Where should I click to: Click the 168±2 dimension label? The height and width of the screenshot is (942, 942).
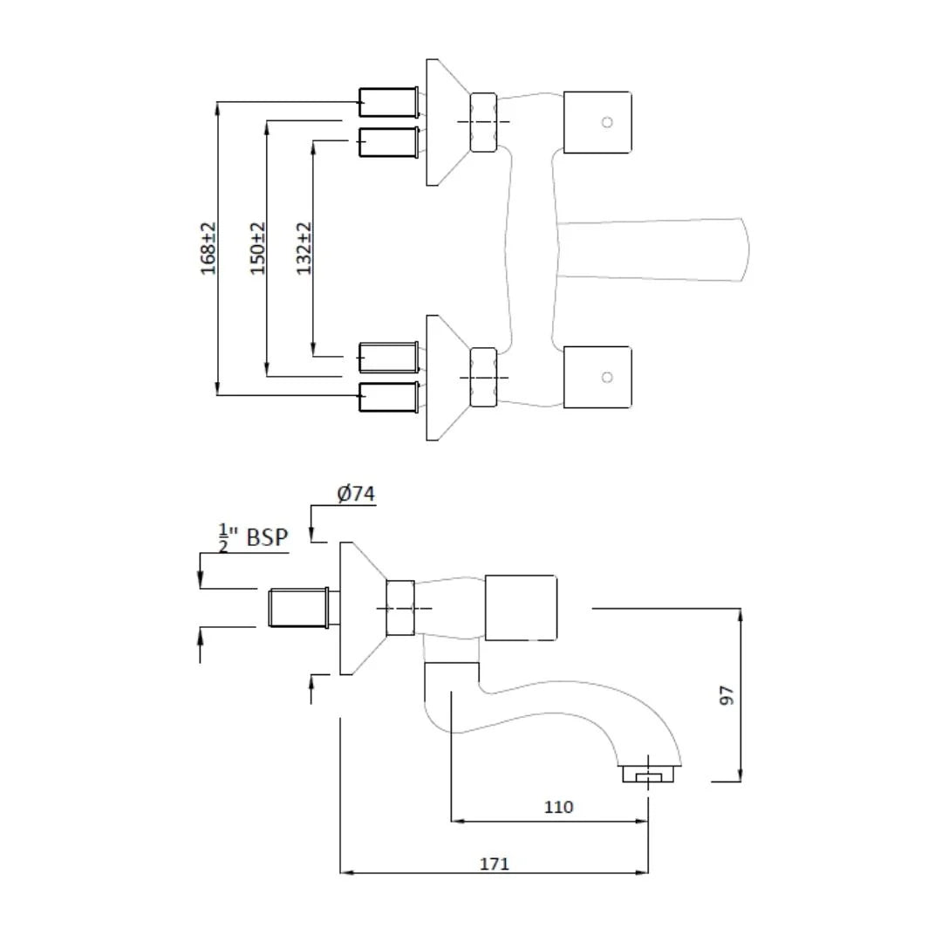point(208,249)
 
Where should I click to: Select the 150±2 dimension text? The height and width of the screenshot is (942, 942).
point(258,249)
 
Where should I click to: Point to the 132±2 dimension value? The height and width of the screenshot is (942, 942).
point(304,249)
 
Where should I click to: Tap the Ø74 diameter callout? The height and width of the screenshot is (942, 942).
point(356,494)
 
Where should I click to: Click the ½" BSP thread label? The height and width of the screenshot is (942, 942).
point(253,537)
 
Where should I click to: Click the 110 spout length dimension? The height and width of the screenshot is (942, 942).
point(558,807)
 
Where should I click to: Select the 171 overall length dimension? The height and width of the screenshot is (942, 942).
point(494,863)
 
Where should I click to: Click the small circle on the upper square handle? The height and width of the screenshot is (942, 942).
point(607,122)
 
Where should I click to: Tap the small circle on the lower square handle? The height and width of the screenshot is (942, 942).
point(607,378)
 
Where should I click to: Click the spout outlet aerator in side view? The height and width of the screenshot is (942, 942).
point(650,774)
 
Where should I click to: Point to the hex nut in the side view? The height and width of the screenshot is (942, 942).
point(399,608)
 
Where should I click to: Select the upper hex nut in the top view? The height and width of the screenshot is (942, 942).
point(483,122)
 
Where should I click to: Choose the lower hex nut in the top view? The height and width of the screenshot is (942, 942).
point(483,377)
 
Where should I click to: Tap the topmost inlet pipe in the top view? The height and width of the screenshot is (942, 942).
point(387,102)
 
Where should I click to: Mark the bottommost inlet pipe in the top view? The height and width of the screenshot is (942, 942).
point(387,397)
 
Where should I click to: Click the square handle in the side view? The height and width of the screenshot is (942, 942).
point(521,607)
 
